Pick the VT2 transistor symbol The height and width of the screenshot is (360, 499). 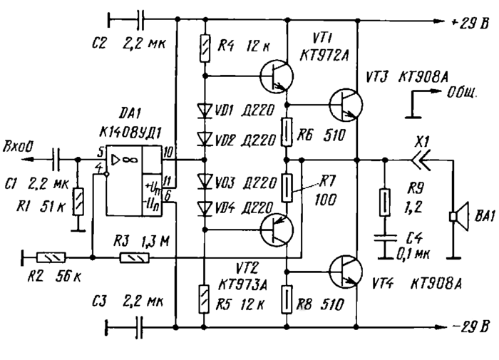pyautogui.click(x=274, y=230)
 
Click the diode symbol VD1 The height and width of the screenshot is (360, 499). pyautogui.click(x=205, y=110)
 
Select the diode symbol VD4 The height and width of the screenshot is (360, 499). pyautogui.click(x=205, y=207)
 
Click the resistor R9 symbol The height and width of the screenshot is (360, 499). pyautogui.click(x=386, y=202)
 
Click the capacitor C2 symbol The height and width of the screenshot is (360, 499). pyautogui.click(x=139, y=16)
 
